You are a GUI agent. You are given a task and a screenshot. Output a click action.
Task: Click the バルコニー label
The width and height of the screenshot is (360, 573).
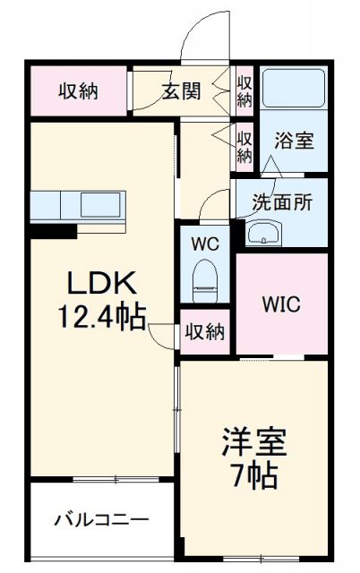(100, 519)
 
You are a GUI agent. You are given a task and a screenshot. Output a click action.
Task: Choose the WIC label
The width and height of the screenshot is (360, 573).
(281, 304)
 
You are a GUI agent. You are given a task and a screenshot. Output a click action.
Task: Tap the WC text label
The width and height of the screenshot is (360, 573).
(204, 242)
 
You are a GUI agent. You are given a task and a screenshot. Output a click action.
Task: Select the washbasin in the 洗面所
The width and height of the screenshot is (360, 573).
(262, 235)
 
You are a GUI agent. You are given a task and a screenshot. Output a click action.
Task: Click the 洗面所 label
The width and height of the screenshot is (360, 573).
(282, 202)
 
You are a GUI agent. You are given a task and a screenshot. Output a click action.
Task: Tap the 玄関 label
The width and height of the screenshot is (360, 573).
(183, 90)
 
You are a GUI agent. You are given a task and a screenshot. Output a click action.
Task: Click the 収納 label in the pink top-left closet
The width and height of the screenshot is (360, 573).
(79, 90)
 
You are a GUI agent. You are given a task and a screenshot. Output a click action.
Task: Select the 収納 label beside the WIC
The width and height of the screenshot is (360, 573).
(204, 331)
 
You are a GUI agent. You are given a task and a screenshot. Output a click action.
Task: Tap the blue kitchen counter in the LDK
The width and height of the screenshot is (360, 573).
(81, 206)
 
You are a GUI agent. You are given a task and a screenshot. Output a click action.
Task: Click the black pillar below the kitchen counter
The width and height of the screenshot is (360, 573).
(52, 230)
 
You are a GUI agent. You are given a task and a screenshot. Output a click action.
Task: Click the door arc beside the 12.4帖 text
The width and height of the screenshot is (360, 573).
(161, 333)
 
